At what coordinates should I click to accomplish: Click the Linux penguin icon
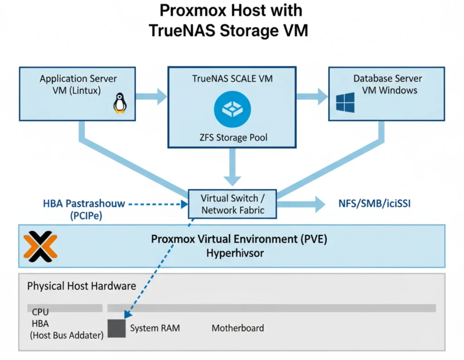click(x=119, y=103)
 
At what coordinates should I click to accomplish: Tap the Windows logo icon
click(x=345, y=103)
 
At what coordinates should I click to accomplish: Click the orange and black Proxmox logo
click(x=40, y=247)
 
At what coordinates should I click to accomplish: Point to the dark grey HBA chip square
click(x=116, y=328)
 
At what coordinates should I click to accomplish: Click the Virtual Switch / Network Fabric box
click(x=232, y=204)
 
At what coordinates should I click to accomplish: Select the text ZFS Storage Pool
click(x=232, y=137)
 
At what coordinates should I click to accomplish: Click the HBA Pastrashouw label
click(x=84, y=204)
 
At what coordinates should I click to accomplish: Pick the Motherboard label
click(x=237, y=328)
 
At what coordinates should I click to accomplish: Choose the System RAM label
click(x=155, y=328)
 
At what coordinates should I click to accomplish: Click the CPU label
click(x=40, y=312)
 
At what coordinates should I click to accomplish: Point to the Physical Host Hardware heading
click(x=82, y=286)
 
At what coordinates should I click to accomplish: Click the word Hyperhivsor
click(x=235, y=253)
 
